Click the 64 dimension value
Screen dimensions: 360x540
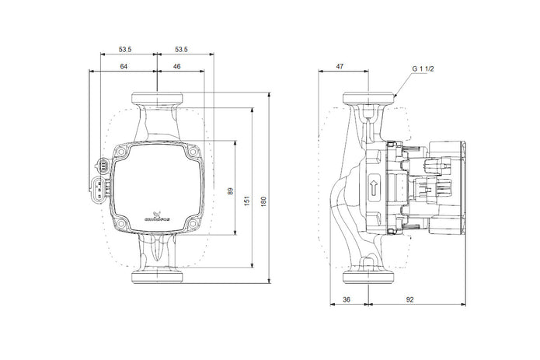click(124, 68)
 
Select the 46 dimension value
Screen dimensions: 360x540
click(177, 68)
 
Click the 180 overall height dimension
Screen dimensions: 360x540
click(263, 201)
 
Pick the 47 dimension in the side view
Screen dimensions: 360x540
click(340, 68)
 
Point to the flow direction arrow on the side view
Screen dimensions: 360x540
click(373, 187)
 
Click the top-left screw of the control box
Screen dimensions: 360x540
click(121, 152)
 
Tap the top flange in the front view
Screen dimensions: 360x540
click(158, 99)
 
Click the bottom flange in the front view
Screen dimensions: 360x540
click(158, 276)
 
